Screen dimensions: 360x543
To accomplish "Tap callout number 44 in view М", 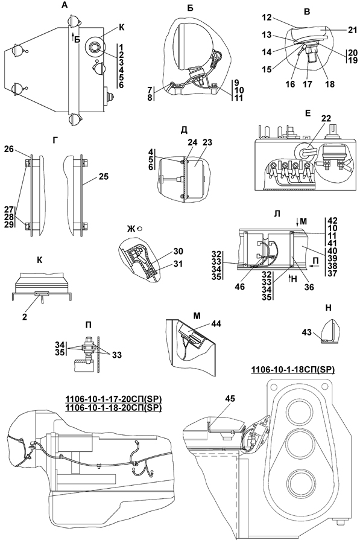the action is click(216, 324).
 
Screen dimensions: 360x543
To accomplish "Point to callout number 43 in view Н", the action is click(307, 332).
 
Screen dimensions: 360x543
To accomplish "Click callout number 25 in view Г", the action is click(103, 176).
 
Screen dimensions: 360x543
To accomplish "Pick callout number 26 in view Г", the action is click(9, 150).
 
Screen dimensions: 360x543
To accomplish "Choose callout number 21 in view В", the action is click(352, 31).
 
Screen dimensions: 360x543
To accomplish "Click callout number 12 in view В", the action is click(267, 16).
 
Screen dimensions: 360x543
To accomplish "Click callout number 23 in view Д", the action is click(207, 142).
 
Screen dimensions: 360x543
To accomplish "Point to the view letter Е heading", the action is click(308, 113).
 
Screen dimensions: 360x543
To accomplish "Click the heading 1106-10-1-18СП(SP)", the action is click(293, 370).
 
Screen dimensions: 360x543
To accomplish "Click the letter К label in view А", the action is click(121, 28).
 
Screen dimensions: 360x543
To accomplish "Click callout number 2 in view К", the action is click(25, 317).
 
